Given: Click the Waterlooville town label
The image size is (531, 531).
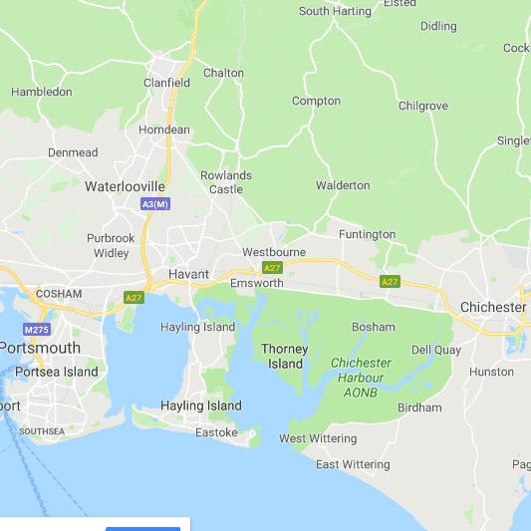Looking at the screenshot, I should pyautogui.click(x=125, y=186).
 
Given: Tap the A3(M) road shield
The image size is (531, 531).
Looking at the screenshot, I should pyautogui.click(x=154, y=204).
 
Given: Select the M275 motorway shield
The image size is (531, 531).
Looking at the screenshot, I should pyautogui.click(x=36, y=330).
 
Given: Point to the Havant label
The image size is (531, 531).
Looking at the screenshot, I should pyautogui.click(x=188, y=274).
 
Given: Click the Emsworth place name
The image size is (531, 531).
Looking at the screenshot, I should pyautogui.click(x=256, y=283).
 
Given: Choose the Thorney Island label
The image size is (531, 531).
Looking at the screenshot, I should pyautogui.click(x=285, y=357).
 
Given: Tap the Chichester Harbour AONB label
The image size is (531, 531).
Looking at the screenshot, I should pyautogui.click(x=361, y=379).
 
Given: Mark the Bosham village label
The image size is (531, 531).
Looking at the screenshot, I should pyautogui.click(x=374, y=327).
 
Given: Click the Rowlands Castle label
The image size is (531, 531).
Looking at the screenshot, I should pyautogui.click(x=226, y=182).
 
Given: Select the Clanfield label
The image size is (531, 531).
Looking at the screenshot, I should pyautogui.click(x=166, y=83).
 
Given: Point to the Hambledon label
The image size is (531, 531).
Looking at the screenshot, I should pyautogui.click(x=42, y=92).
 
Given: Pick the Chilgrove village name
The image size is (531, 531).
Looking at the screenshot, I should pyautogui.click(x=423, y=106).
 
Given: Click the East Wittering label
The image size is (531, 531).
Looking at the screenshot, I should pyautogui.click(x=353, y=464).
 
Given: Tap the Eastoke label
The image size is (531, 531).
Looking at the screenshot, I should pyautogui.click(x=216, y=432).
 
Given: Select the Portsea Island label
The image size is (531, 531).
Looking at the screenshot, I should pyautogui.click(x=57, y=372).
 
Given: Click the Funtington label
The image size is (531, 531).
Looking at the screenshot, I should pyautogui.click(x=367, y=235).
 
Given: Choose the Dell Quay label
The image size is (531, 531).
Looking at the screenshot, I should pyautogui.click(x=435, y=350).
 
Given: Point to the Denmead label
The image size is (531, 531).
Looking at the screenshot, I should pyautogui.click(x=73, y=152).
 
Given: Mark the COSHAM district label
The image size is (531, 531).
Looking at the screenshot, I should pyautogui.click(x=58, y=294).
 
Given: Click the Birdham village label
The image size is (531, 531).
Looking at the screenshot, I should pyautogui.click(x=419, y=407).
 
